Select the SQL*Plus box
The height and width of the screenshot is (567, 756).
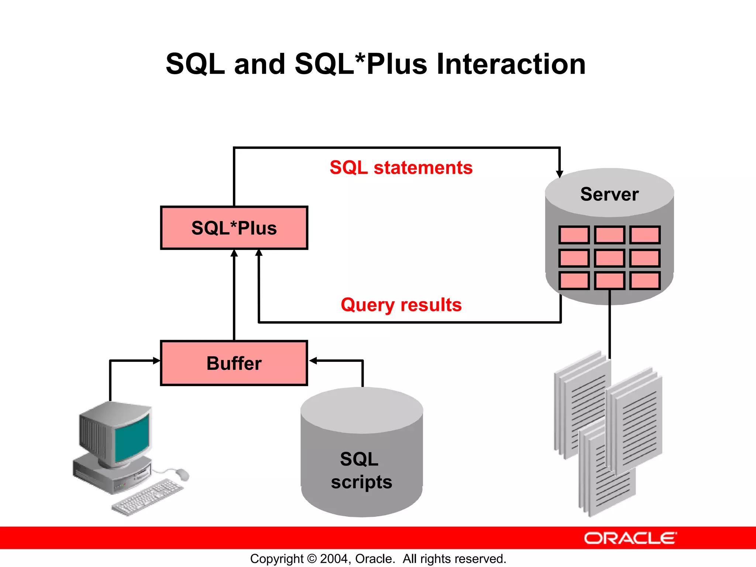pyautogui.click(x=234, y=228)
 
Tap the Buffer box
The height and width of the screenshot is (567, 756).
pyautogui.click(x=234, y=363)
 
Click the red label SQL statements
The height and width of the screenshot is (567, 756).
pyautogui.click(x=401, y=168)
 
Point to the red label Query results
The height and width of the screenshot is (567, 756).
pyautogui.click(x=401, y=305)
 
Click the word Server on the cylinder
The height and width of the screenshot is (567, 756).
pyautogui.click(x=609, y=194)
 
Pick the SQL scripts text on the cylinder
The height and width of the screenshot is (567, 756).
pyautogui.click(x=361, y=471)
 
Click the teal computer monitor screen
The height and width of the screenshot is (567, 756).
pyautogui.click(x=132, y=437)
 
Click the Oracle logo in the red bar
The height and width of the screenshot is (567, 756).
pyautogui.click(x=630, y=538)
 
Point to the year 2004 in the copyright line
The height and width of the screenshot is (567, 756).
pyautogui.click(x=333, y=559)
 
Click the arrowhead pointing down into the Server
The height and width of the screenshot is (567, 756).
pyautogui.click(x=560, y=174)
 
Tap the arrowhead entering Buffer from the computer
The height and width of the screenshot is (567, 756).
pyautogui.click(x=157, y=361)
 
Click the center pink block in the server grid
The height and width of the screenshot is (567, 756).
pyautogui.click(x=609, y=258)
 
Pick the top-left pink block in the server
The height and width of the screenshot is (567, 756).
pyautogui.click(x=574, y=235)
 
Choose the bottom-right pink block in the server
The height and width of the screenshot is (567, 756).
pyautogui.click(x=645, y=281)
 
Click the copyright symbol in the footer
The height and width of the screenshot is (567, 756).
pyautogui.click(x=312, y=559)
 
